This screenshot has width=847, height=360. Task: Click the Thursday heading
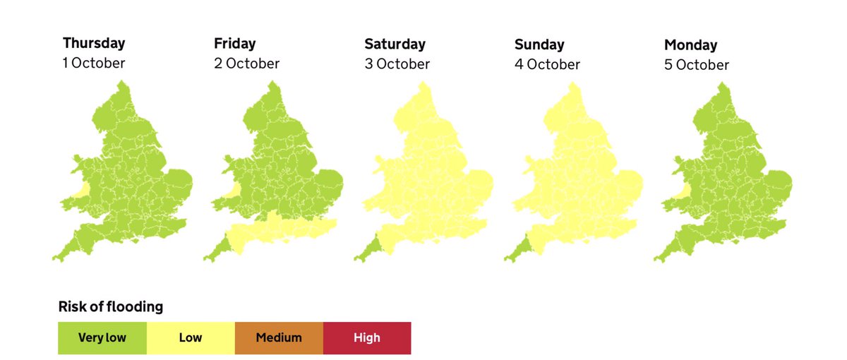coord(94,43)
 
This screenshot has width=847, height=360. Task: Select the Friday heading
coord(235,44)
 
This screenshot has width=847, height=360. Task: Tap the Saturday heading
coord(395,44)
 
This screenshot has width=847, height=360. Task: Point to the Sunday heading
coord(540,45)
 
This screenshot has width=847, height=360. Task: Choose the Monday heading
coord(690,45)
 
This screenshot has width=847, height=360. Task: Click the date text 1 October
coord(94,63)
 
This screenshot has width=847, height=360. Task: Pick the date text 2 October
coord(246,64)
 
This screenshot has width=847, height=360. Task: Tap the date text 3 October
coord(397,64)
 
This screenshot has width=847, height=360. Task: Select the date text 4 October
coord(548,65)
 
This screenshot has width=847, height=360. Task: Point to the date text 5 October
coord(697,65)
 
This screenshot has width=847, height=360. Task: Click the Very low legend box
coord(102,338)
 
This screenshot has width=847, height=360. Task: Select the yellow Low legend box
coord(191,338)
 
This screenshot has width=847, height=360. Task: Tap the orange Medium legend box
coord(279,338)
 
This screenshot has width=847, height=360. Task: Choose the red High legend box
coord(367,338)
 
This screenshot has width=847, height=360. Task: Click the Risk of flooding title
coord(110,307)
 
